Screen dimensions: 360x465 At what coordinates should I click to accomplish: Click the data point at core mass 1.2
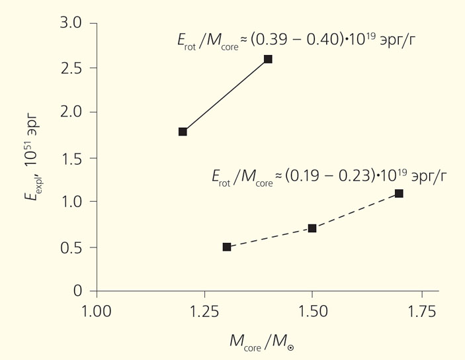click(x=183, y=132)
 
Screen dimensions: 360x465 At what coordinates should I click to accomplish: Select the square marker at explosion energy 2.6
click(x=268, y=59)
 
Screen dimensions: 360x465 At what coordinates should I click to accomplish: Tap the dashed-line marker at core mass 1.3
click(x=227, y=247)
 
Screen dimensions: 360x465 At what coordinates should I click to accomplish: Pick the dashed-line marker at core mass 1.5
click(x=312, y=228)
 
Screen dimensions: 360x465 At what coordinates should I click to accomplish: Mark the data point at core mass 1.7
click(x=399, y=193)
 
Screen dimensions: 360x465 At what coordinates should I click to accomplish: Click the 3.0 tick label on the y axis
click(x=70, y=23)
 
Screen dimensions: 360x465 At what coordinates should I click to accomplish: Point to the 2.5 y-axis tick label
click(x=70, y=68)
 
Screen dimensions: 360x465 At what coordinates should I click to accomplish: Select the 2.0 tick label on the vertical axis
click(x=70, y=112)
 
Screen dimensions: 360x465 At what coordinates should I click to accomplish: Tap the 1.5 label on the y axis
click(x=70, y=157)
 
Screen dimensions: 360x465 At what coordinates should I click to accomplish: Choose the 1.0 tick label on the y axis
click(x=70, y=202)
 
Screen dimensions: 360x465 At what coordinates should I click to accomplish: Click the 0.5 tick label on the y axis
click(x=70, y=247)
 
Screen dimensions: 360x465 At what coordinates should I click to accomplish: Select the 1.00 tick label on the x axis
click(x=97, y=311)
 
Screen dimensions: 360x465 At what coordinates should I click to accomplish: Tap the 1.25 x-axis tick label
click(x=204, y=311)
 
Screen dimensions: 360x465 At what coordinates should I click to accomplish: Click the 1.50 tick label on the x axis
click(x=312, y=311)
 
